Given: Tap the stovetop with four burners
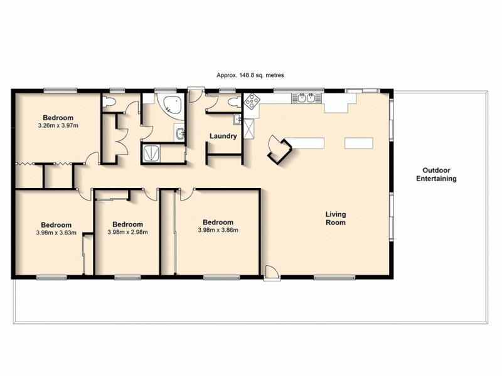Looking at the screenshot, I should tap(252, 101).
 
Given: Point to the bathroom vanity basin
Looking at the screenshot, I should tap(180, 133).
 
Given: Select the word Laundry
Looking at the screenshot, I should tap(223, 136).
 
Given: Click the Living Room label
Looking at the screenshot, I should tap(335, 219).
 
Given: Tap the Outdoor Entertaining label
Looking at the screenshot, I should tap(436, 174).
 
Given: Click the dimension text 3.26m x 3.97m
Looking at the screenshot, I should tap(58, 126).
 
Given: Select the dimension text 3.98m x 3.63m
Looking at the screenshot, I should tap(56, 233).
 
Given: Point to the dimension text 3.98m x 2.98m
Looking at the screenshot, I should tap(127, 232).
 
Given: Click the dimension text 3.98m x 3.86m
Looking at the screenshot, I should tap(218, 230).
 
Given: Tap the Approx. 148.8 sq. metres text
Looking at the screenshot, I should tap(250, 75).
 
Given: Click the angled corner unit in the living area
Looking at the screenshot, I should tap(279, 149).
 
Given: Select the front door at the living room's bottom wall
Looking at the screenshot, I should tap(271, 273).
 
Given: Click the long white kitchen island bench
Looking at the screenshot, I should tap(306, 144).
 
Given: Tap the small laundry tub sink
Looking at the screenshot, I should tap(238, 119).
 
